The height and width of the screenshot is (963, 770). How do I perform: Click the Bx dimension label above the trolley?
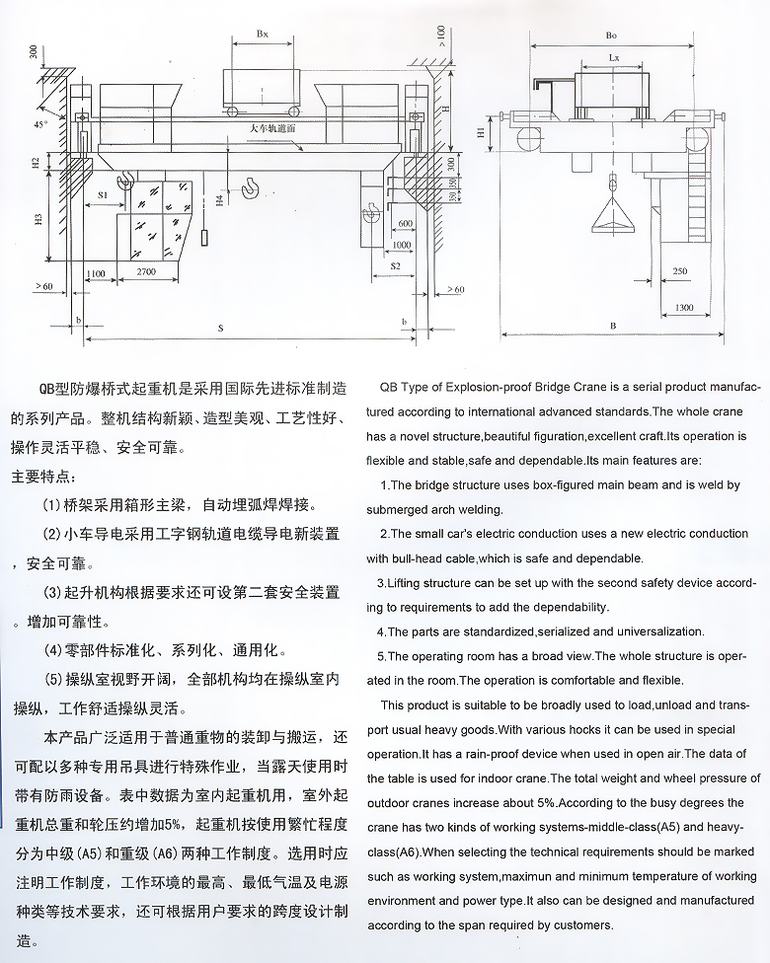262,34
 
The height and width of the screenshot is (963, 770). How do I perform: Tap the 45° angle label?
38,124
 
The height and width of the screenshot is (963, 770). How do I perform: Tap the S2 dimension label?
394,265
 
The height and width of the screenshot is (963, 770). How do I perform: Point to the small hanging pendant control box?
203,238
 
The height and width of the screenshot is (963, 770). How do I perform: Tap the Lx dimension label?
613,58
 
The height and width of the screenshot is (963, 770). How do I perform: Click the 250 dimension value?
679,270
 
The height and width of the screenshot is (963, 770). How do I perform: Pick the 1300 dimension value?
684,308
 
